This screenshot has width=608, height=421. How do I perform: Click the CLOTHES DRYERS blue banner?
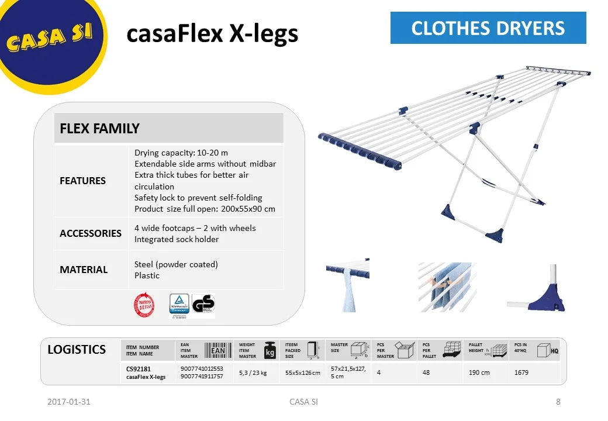point(488,28)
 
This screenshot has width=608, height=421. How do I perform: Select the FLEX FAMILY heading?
point(99,129)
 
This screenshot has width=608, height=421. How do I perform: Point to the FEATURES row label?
point(82,181)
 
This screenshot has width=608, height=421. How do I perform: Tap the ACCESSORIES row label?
point(91,233)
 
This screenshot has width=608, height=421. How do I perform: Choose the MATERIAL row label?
point(84,270)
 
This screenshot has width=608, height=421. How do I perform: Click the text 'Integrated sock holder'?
point(177,239)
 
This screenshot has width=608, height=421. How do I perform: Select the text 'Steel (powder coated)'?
point(176,264)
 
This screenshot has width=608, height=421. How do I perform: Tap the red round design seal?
point(144,305)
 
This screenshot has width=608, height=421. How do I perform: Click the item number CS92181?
point(139,369)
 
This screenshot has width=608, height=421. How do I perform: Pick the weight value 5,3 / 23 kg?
point(253,372)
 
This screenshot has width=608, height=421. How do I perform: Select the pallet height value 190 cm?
point(479,372)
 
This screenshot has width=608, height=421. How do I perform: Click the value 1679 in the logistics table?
point(521,372)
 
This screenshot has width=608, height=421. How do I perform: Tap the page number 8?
point(558,402)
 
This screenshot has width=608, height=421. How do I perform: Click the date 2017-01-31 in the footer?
point(69,402)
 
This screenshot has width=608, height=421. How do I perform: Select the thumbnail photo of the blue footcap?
point(537,288)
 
